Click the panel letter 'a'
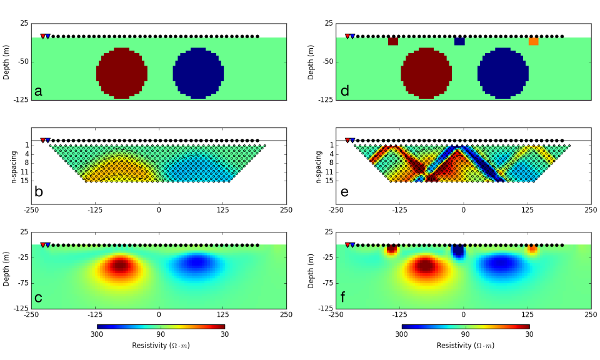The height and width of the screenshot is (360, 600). click(x=39, y=91)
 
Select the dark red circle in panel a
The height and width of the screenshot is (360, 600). click(x=122, y=73)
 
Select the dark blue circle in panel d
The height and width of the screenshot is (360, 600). click(x=503, y=73)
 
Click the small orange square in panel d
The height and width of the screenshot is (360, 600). click(x=533, y=41)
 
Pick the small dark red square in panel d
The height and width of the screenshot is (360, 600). click(x=393, y=41)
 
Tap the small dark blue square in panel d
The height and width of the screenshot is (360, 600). click(x=459, y=41)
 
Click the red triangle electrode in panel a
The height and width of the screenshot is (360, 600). click(x=42, y=36)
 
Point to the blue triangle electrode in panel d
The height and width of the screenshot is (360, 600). click(x=352, y=36)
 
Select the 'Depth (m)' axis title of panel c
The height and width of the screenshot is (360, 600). click(x=7, y=270)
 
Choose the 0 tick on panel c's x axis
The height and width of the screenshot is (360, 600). click(x=159, y=315)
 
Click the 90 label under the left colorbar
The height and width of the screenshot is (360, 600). click(x=161, y=334)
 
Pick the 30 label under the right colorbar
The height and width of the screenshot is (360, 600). click(x=529, y=334)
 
